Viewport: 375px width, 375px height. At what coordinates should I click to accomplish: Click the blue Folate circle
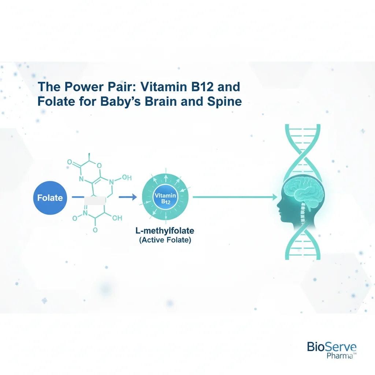50,198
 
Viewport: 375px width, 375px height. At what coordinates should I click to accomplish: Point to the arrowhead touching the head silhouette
275,197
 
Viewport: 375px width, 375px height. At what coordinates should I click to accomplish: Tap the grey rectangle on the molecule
94,200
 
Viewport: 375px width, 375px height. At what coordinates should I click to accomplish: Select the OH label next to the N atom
126,178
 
